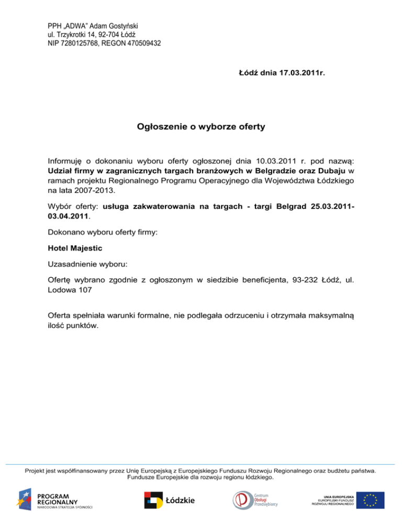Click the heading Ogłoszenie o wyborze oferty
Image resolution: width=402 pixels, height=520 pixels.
point(201,127)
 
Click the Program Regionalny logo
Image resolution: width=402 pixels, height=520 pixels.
point(55,499)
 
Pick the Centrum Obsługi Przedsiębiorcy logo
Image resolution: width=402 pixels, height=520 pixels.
point(255,500)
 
